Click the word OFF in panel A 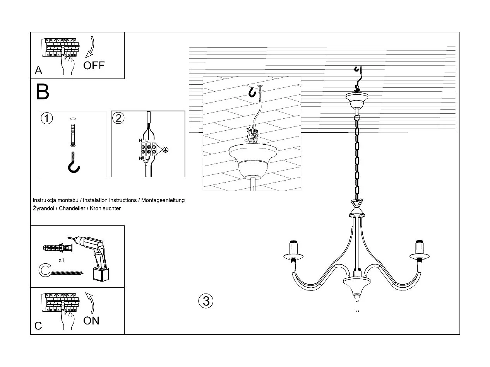tap(94, 65)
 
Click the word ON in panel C tap(91, 321)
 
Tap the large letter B tap(43, 92)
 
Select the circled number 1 tap(47, 118)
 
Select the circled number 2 tap(118, 118)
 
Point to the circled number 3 tap(206, 301)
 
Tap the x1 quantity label tap(62, 260)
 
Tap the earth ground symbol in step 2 tap(165, 150)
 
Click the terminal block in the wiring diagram tap(149, 149)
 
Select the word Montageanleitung tap(163, 200)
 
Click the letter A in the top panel tap(38, 70)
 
